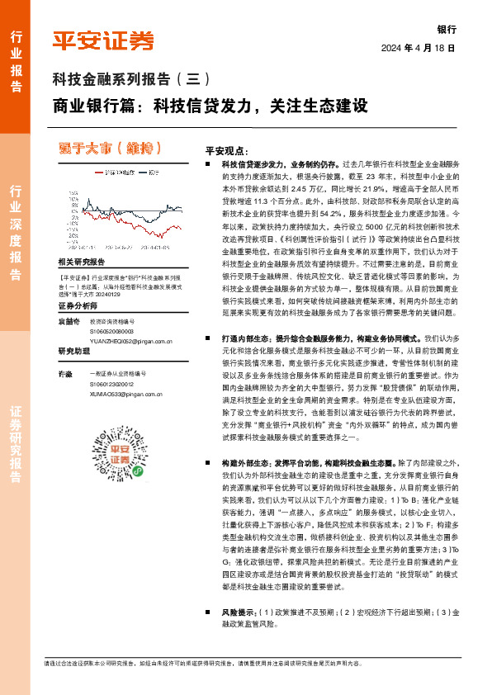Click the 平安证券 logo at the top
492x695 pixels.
(102, 41)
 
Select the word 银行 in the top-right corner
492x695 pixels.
(447, 29)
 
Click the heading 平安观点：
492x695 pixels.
(227, 151)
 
